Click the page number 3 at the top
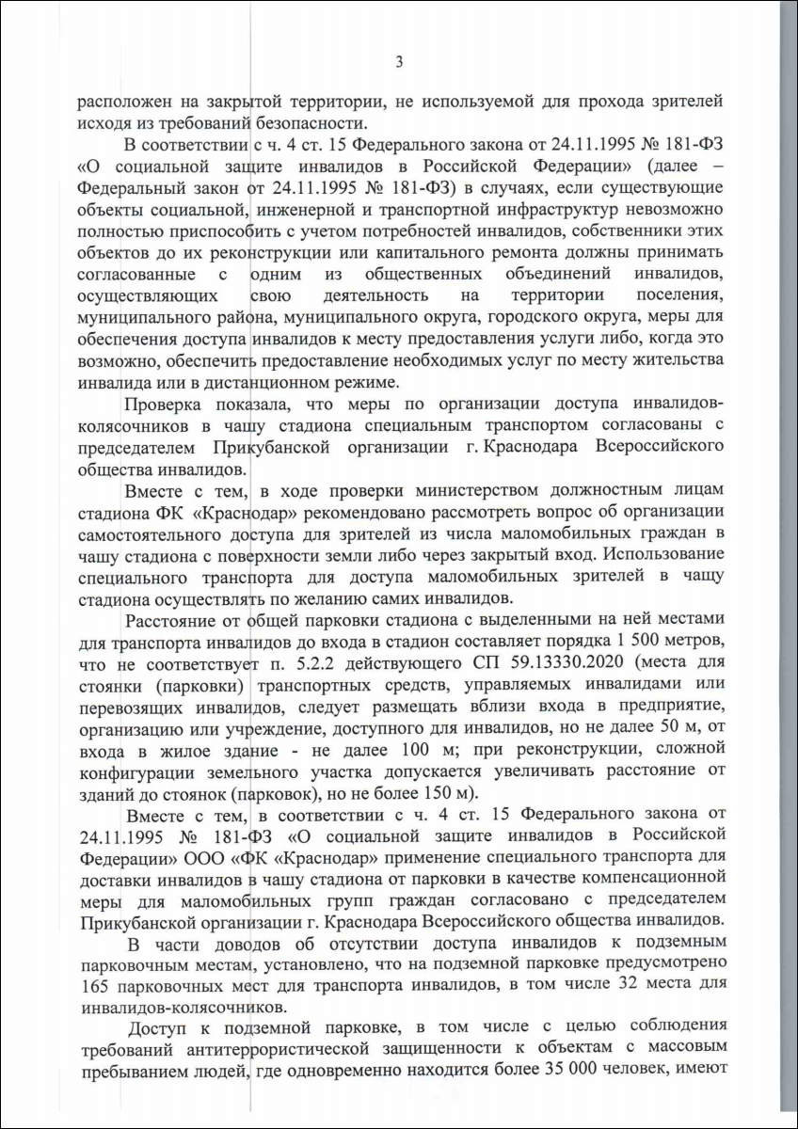pyautogui.click(x=399, y=63)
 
